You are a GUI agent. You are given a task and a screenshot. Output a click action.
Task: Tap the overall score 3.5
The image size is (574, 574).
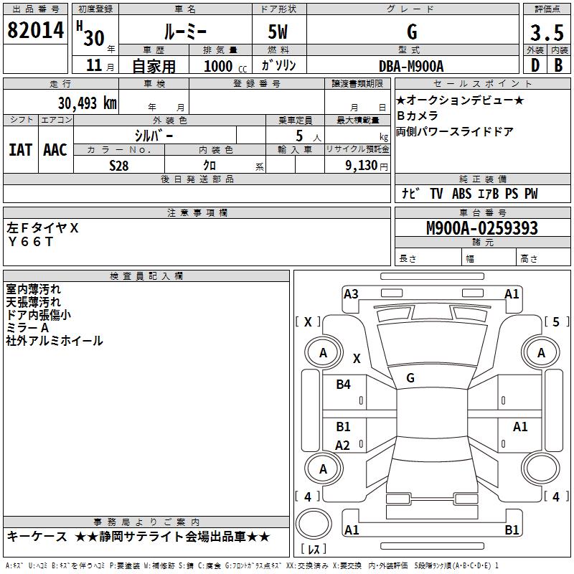[x=546, y=32]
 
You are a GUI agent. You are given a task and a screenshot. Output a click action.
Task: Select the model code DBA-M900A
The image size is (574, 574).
[x=411, y=66]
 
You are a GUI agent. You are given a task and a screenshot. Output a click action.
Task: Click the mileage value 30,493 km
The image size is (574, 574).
[x=87, y=103]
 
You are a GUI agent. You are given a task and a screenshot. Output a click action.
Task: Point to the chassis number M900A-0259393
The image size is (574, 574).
[x=482, y=229]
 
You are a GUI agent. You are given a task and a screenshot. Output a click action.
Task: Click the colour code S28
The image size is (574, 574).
[x=118, y=166]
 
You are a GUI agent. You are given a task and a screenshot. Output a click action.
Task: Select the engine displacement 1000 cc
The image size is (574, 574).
[x=222, y=66]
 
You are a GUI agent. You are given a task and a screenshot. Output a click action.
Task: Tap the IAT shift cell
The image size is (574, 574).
[x=20, y=150]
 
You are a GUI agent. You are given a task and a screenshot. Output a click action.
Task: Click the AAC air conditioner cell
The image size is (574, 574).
[x=55, y=150]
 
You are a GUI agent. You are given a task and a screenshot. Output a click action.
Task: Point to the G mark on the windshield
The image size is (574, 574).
[x=410, y=377]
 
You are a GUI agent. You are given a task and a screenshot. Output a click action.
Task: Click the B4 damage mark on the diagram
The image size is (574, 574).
[x=344, y=385]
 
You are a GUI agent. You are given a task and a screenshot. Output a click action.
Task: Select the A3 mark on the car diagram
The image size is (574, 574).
[x=351, y=293]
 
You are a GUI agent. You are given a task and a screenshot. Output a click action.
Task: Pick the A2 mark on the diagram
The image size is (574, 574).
[x=343, y=446]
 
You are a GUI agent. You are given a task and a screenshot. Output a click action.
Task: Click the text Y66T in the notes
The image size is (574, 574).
[x=31, y=242]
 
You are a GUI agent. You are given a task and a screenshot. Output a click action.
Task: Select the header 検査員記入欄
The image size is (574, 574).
[x=146, y=276]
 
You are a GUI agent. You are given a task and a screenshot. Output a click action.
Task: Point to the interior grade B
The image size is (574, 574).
[x=558, y=65]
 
